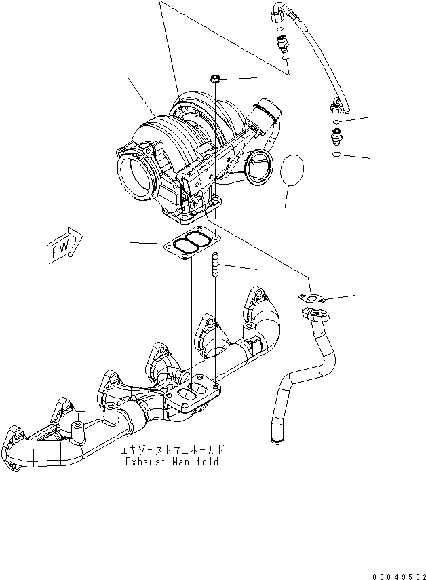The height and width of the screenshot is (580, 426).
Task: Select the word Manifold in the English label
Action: pos(195,462)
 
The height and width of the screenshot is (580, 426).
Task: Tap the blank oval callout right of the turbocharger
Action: pos(292,173)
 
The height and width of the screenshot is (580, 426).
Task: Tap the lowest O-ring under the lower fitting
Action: pos(337,155)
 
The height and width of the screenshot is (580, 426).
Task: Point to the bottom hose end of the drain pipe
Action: pos(277,439)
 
